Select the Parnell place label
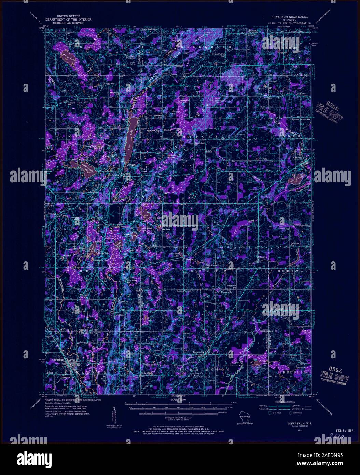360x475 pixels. (209, 151)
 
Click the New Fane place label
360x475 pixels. (119, 315)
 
